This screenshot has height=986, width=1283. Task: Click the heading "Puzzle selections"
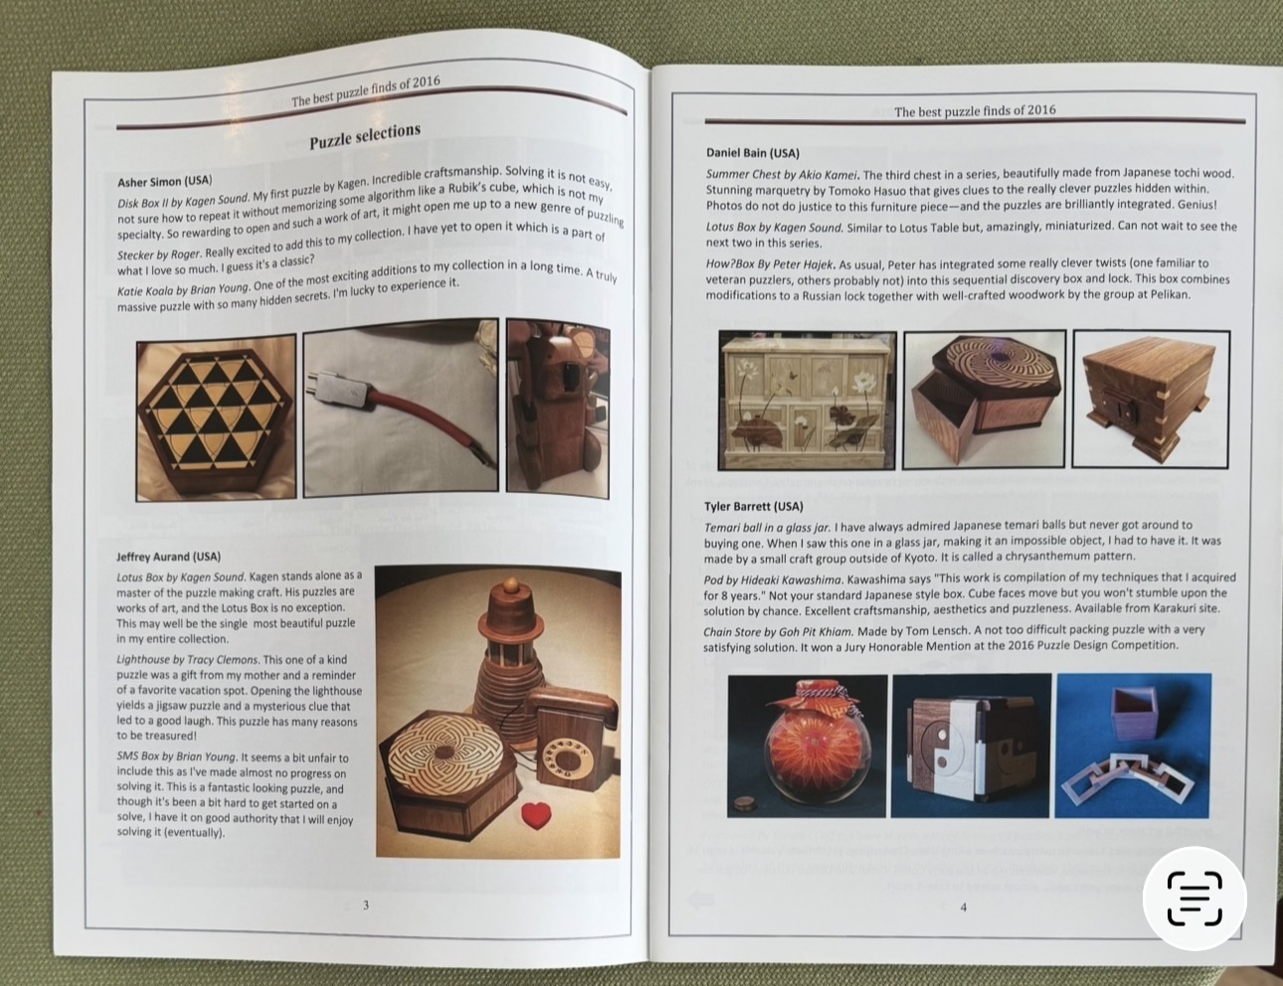tap(365, 136)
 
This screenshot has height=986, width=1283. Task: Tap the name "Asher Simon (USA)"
tap(165, 181)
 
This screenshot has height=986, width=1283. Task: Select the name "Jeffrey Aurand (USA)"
tap(168, 557)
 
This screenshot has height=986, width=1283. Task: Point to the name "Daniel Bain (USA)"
tap(753, 153)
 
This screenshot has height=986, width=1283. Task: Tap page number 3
tap(366, 905)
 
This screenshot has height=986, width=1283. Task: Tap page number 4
tap(964, 906)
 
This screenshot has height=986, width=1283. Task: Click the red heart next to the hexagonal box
tap(536, 816)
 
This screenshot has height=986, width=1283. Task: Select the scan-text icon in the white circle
tap(1194, 899)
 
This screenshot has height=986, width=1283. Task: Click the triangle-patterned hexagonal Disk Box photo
tap(216, 417)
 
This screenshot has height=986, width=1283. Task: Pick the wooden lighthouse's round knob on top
tap(511, 585)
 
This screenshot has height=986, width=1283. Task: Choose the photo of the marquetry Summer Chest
tap(808, 401)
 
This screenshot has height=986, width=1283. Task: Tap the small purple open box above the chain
tap(1135, 713)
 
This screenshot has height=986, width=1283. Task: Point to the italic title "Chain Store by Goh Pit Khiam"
tap(778, 631)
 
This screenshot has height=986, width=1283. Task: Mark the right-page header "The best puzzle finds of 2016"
tap(975, 111)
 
